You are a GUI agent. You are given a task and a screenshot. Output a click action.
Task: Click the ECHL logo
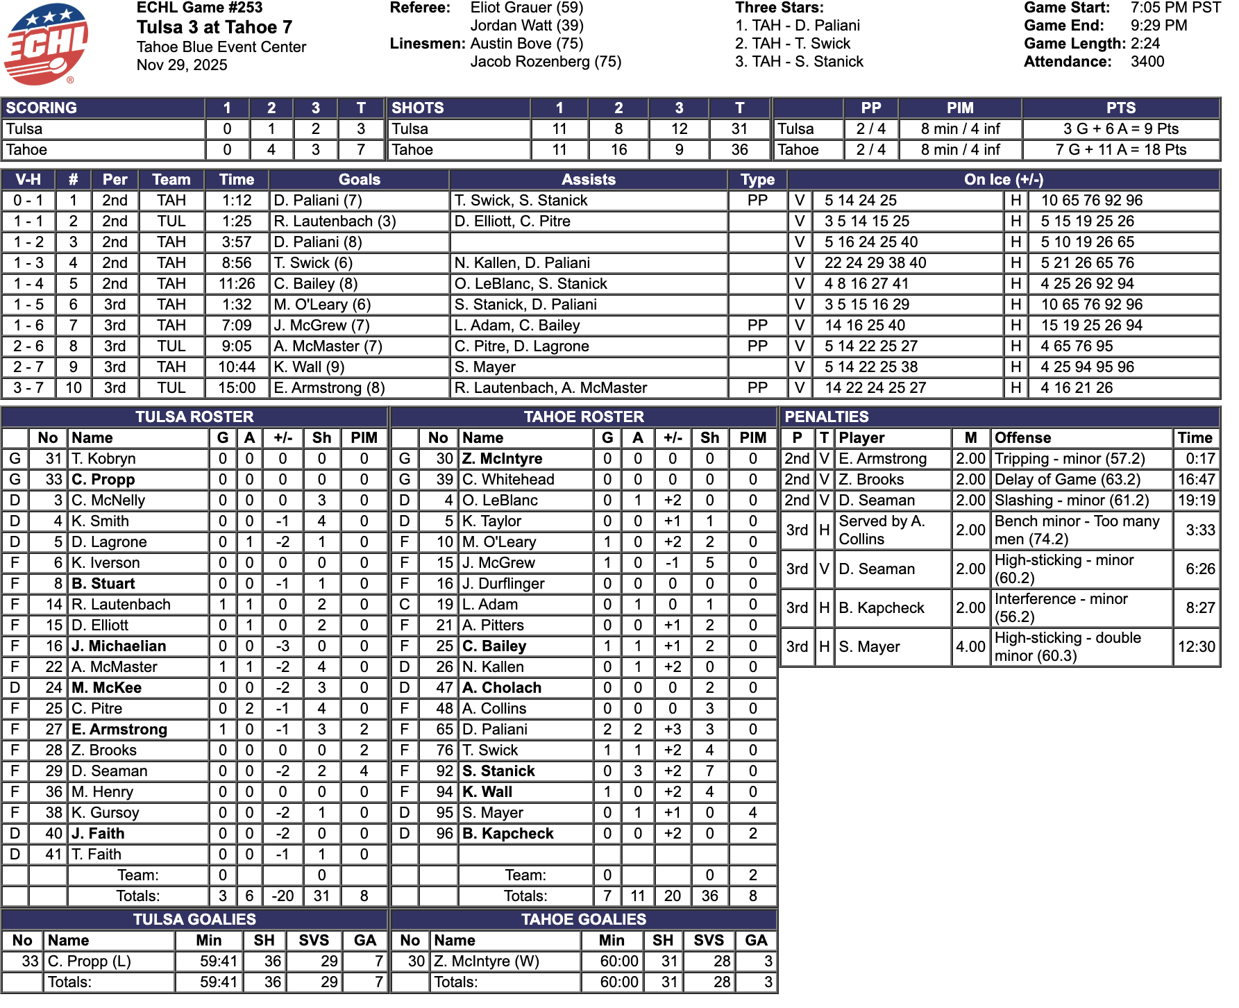tap(46, 44)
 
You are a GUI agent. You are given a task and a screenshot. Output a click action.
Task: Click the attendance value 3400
tap(1147, 62)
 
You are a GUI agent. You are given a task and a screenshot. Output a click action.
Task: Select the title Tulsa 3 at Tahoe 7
tap(214, 27)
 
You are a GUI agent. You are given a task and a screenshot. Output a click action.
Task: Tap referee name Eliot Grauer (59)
tap(526, 8)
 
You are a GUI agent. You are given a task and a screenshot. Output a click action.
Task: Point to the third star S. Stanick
tap(799, 62)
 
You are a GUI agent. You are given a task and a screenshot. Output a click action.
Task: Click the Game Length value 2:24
tap(1145, 44)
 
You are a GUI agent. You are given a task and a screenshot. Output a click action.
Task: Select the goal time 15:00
tap(237, 388)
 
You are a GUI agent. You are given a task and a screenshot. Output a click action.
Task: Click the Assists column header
tap(588, 180)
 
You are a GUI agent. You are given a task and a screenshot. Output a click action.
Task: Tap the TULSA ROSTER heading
tap(194, 417)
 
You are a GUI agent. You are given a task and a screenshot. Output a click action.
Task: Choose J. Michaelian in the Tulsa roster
tap(119, 646)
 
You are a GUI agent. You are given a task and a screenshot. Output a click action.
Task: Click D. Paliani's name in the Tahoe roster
tap(494, 730)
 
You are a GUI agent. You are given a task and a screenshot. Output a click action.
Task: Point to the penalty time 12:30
tap(1196, 646)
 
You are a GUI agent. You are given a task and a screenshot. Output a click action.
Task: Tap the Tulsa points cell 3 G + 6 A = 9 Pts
tap(1120, 129)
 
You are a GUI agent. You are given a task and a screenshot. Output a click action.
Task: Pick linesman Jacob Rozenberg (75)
tap(546, 62)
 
